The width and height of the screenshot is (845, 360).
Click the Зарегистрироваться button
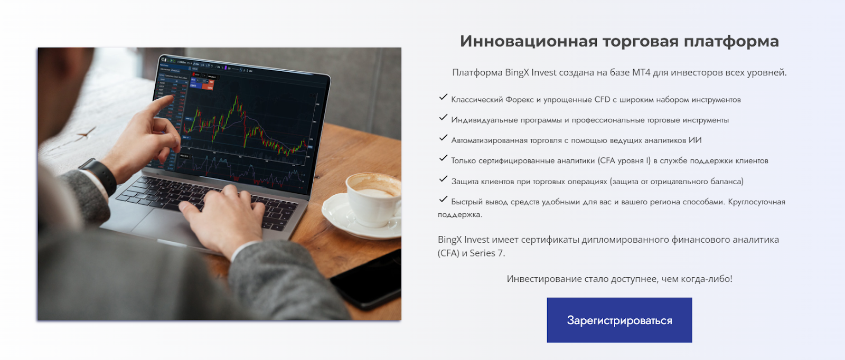pos(619,320)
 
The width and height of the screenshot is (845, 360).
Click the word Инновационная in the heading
pos(529,41)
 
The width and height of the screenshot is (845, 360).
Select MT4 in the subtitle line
pos(641,72)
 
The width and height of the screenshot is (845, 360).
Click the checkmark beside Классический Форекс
pos(443,97)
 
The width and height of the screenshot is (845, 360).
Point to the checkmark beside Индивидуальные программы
pos(443,118)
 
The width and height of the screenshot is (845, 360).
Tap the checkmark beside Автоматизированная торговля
pos(443,138)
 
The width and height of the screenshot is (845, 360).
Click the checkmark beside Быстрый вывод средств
pos(443,200)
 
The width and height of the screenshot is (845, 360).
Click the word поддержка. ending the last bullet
pos(460,214)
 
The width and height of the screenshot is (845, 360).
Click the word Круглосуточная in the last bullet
pos(756,202)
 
